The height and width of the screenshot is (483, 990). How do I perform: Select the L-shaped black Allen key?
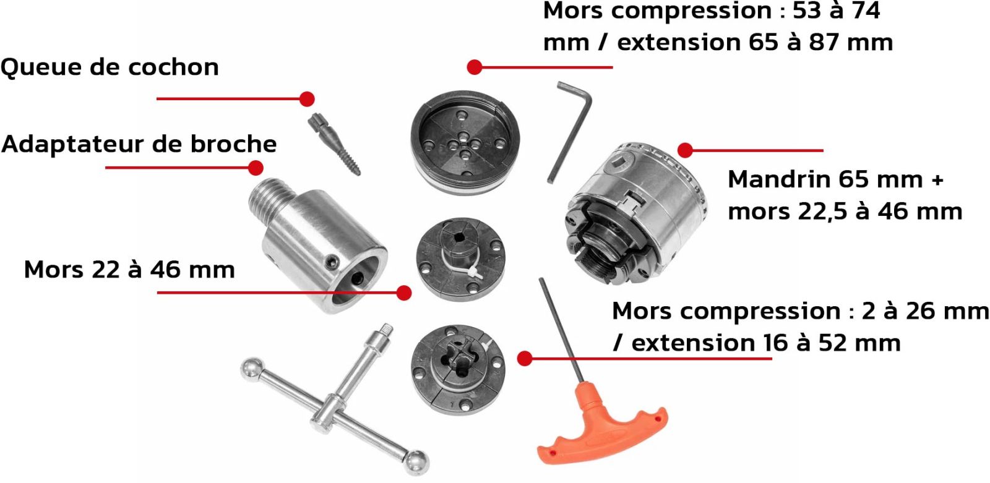pos(570,130)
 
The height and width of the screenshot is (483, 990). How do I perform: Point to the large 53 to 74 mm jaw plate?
pos(465,142)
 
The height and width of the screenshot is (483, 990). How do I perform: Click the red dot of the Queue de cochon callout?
pos(307,99)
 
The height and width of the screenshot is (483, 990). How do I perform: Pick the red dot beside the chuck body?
pos(685,150)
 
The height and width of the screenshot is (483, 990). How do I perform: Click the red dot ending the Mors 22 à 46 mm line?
pos(404,293)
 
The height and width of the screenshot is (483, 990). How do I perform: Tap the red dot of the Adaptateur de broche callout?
pos(256,168)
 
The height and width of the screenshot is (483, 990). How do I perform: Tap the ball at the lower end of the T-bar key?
pos(417,463)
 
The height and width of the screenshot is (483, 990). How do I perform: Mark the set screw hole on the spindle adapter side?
pos(332,262)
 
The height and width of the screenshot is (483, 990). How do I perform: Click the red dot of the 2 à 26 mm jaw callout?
pos(525,358)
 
